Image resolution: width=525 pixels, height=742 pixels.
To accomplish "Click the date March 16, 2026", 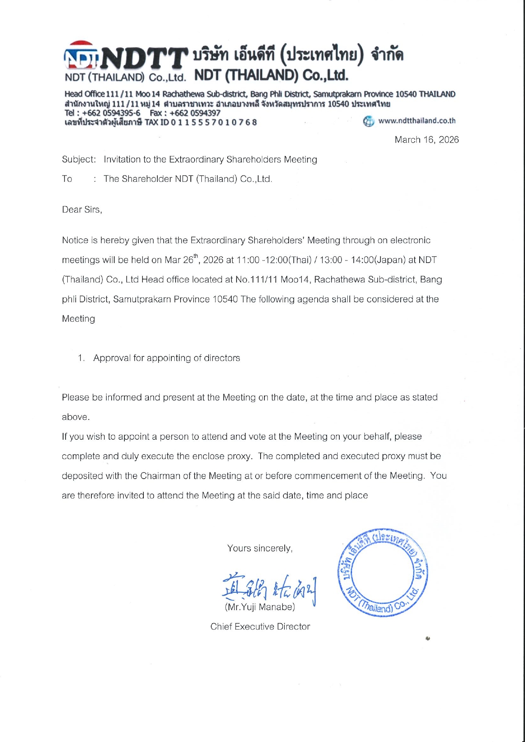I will click(426, 140).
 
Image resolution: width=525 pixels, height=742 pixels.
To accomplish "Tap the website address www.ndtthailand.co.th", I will click(417, 121).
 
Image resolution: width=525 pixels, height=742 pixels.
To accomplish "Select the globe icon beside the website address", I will click(368, 122).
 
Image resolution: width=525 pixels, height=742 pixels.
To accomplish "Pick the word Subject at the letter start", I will click(78, 160).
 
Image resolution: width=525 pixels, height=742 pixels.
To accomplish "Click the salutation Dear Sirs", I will click(82, 210).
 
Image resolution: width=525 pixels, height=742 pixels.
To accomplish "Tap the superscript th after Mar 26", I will click(196, 256).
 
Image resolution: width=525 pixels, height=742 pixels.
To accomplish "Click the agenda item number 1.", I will click(81, 358).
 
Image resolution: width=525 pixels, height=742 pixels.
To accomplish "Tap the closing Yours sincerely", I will click(260, 548).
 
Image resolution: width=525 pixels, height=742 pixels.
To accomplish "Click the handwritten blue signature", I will click(269, 587).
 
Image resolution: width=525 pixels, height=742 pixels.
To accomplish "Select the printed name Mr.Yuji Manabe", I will click(260, 607).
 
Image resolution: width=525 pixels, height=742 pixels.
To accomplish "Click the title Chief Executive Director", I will click(260, 627).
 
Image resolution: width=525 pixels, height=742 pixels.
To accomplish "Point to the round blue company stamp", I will click(382, 572).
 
